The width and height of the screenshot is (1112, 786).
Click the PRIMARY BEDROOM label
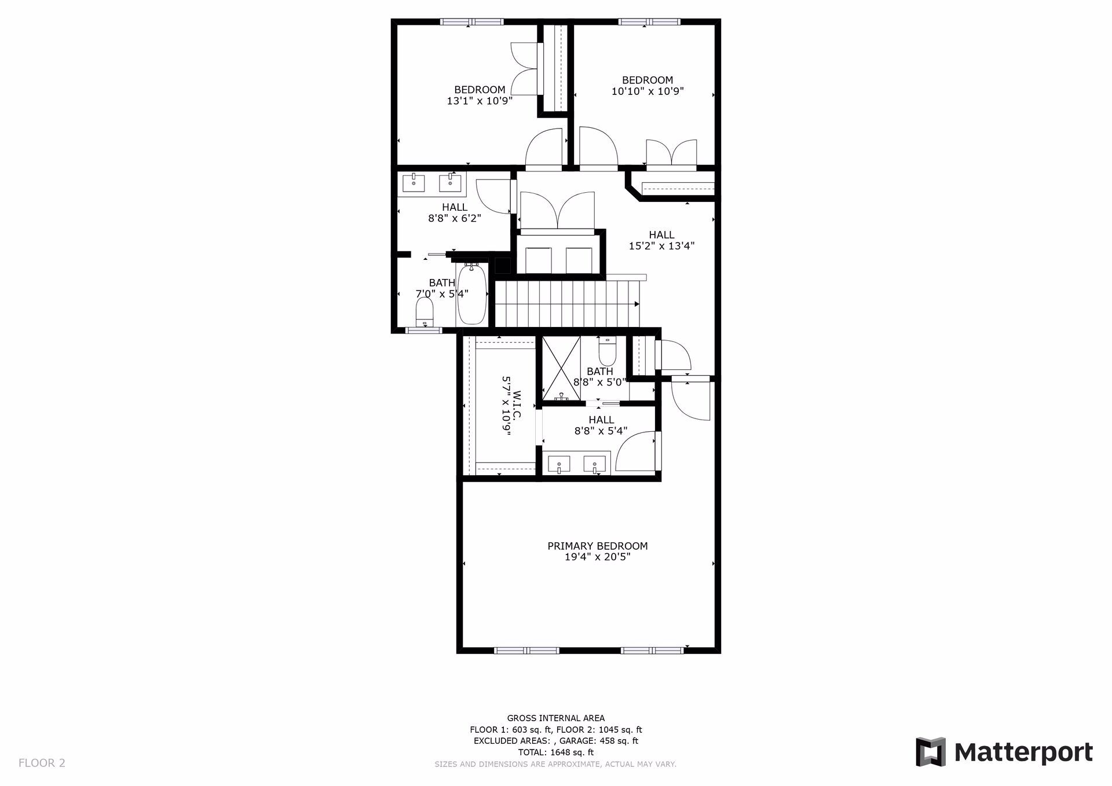tap(597, 546)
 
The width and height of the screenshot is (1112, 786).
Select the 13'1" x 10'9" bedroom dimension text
tap(479, 101)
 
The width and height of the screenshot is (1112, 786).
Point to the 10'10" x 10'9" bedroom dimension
tap(648, 91)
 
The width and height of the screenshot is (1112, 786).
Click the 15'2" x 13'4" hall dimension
tap(661, 245)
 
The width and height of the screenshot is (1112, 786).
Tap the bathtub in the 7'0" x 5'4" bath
tap(472, 296)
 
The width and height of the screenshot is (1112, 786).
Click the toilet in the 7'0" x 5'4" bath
tap(425, 313)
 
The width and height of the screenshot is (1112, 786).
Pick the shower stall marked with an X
tap(561, 368)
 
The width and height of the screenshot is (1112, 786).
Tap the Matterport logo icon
tap(930, 752)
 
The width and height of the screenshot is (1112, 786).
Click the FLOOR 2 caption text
tap(42, 763)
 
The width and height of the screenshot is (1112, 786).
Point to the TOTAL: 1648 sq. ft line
tap(555, 752)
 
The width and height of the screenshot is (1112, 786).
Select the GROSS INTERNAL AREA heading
tap(555, 718)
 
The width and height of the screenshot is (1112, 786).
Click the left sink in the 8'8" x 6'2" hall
tap(414, 183)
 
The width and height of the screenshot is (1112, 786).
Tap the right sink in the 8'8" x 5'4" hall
tap(595, 464)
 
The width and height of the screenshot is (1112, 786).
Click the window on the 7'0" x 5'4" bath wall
tap(423, 330)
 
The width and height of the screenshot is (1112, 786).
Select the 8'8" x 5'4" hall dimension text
tap(601, 431)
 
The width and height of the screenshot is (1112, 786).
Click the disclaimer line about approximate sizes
tap(555, 764)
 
